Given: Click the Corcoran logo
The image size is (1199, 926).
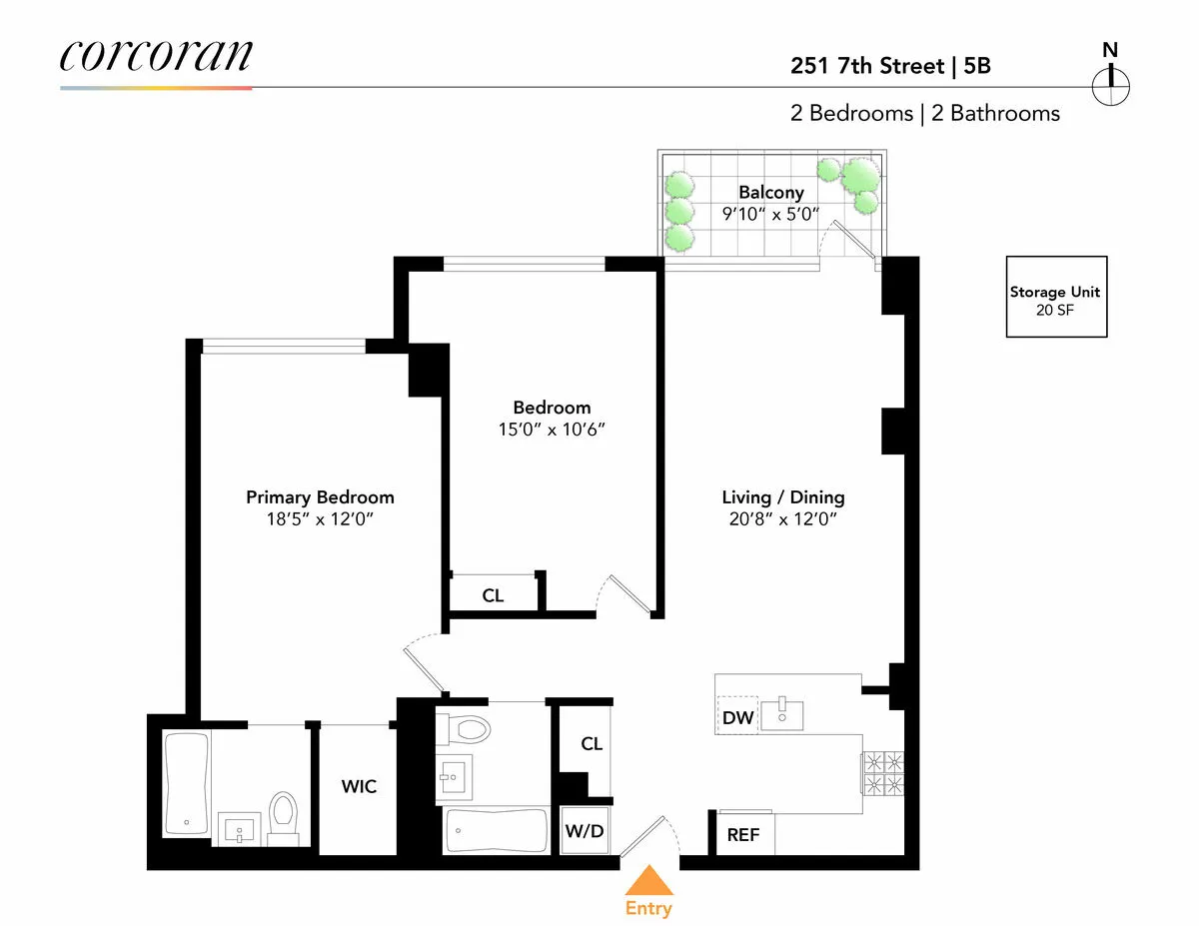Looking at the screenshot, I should [155, 56].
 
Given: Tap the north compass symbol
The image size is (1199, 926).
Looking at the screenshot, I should [1110, 84].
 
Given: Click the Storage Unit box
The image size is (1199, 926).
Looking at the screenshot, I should [1056, 297].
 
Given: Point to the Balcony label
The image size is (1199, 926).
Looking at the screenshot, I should [770, 192].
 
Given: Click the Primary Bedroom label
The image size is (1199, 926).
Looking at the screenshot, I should [320, 497].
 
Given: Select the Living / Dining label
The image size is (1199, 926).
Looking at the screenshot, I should [782, 497].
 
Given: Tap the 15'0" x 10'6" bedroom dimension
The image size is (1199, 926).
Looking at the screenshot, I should [552, 430].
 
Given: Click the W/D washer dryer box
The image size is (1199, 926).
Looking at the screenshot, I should [586, 830].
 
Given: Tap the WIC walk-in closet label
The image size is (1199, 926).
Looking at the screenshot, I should [359, 786].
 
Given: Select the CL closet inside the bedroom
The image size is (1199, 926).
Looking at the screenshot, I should [493, 595].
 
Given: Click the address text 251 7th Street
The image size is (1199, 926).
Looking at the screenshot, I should [866, 67].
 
